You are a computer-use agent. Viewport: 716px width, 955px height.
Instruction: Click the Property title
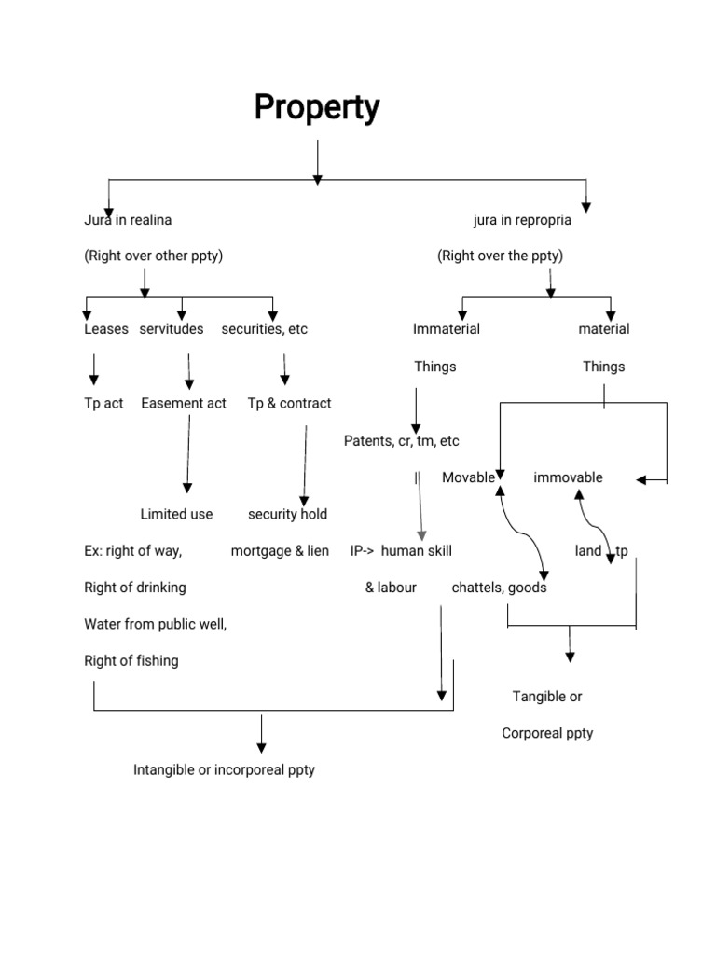tap(317, 108)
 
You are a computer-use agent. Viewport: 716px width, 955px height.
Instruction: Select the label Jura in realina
tap(128, 220)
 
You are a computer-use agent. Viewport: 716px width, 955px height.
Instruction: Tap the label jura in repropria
tap(522, 220)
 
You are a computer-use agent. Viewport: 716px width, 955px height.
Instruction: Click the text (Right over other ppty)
tap(153, 256)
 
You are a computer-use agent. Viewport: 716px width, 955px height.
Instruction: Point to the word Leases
tap(106, 329)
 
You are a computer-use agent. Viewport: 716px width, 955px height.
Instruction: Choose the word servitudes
tap(172, 329)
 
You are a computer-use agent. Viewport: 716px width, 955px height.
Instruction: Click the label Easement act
tap(184, 403)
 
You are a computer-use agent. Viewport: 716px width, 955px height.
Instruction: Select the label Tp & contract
tap(289, 403)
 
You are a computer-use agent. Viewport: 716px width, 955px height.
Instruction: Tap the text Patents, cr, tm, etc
tap(401, 440)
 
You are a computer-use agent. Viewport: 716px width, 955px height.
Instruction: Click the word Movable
tap(468, 477)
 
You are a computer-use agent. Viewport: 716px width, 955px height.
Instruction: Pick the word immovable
tap(568, 477)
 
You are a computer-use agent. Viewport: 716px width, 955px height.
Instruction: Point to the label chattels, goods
tap(499, 588)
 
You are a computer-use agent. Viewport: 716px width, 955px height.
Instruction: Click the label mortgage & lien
tap(280, 551)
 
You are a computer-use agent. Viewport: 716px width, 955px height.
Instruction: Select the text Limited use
tap(176, 514)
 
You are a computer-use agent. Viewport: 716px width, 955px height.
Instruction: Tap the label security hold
tap(287, 514)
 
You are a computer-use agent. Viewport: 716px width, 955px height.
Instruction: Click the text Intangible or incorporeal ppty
tap(224, 770)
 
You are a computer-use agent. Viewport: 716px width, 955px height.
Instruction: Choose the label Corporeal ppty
tap(547, 733)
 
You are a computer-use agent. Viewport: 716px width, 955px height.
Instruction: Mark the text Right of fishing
tap(131, 661)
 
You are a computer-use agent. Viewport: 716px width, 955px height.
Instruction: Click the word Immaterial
tap(447, 329)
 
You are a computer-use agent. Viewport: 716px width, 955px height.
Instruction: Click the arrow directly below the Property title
tap(318, 161)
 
